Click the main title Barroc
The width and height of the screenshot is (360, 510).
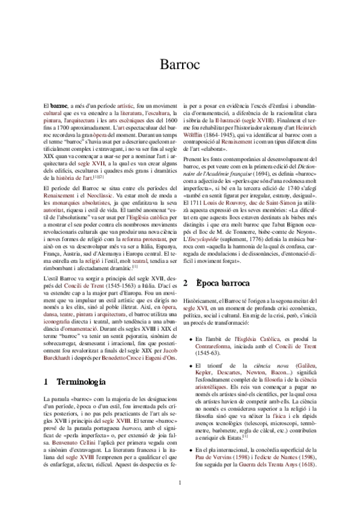tap(180, 65)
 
